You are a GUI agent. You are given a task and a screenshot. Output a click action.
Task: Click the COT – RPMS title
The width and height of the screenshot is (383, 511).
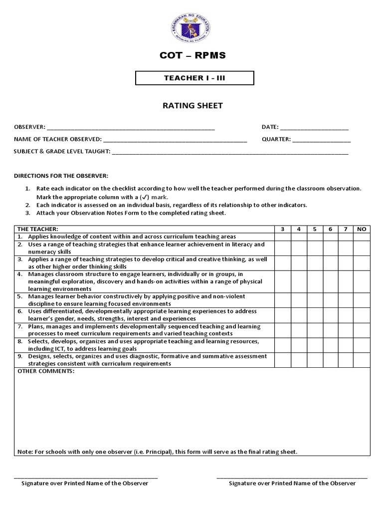192,56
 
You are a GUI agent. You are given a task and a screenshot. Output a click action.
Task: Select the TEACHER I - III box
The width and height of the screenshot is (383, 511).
195,78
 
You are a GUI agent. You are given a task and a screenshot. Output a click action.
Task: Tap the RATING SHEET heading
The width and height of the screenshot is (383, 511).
192,105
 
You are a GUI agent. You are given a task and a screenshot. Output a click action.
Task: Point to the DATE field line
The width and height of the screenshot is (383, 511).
315,128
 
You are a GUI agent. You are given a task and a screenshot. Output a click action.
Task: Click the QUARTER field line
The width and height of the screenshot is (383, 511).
321,140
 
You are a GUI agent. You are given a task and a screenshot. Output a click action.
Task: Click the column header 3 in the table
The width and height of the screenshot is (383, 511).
283,229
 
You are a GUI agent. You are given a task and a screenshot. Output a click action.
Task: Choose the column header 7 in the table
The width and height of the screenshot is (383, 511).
346,229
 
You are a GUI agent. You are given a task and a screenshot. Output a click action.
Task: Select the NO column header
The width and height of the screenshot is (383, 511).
362,229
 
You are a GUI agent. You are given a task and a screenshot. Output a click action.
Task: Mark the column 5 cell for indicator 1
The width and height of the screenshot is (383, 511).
315,237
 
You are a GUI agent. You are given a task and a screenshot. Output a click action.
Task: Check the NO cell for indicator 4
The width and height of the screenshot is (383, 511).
362,281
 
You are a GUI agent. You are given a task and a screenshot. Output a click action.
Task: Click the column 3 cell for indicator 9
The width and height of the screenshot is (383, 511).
283,360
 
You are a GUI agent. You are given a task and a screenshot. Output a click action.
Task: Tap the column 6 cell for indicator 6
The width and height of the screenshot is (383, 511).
331,314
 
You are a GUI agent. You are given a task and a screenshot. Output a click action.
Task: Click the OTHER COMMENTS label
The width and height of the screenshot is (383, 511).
46,372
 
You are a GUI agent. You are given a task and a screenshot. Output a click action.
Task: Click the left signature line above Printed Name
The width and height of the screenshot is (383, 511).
85,478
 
